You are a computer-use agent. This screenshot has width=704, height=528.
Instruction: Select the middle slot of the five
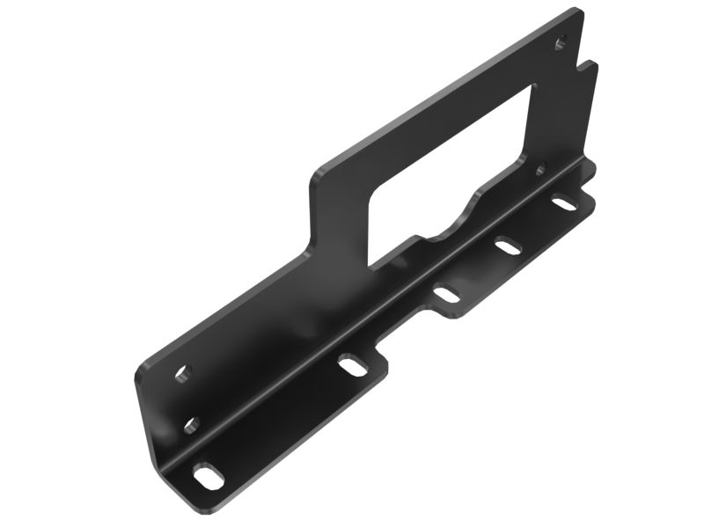pyautogui.click(x=448, y=294)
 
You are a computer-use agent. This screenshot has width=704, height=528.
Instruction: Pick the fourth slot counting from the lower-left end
pyautogui.click(x=508, y=246)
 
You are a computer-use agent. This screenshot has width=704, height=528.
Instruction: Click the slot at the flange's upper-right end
pyautogui.click(x=564, y=203)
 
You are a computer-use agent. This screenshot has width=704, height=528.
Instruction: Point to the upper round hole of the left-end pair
pyautogui.click(x=182, y=374)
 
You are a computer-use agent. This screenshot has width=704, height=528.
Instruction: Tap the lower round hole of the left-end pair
pyautogui.click(x=192, y=425)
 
